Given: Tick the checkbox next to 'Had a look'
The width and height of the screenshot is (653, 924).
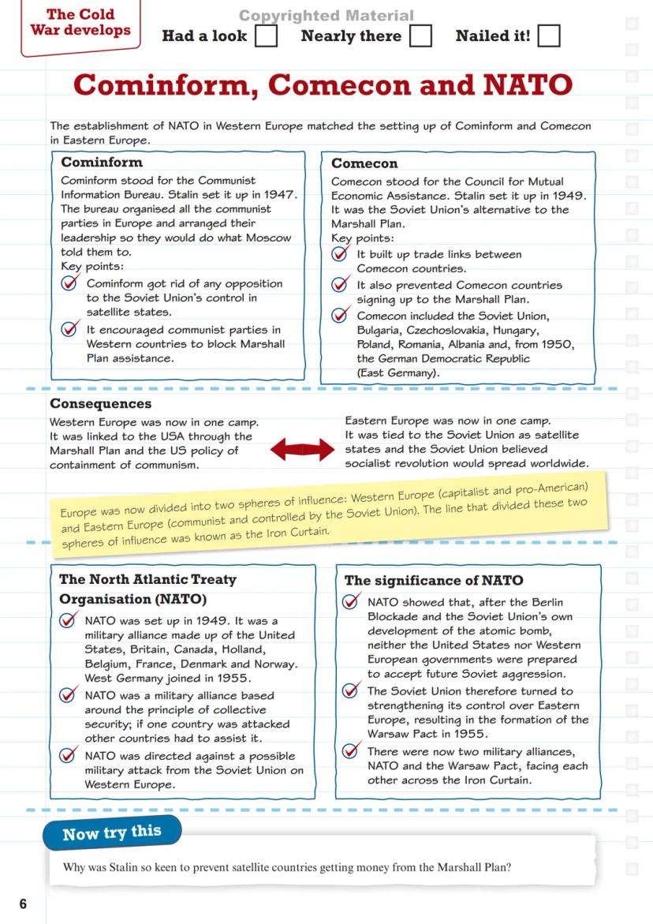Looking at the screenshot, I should point(266,36).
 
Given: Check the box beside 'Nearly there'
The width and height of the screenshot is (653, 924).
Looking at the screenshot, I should point(420,36).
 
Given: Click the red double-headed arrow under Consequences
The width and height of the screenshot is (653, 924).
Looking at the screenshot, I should point(303,451).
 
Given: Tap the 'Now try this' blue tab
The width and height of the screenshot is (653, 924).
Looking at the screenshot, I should point(112,832).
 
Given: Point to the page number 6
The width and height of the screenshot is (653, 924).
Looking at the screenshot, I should point(23,903).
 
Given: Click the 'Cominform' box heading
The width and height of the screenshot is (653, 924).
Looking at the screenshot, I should point(102,163).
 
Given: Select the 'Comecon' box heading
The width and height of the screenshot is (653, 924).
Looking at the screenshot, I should point(364,163).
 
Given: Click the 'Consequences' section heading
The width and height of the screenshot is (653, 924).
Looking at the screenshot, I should point(101,404).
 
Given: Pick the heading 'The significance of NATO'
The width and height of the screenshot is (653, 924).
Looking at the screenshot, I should point(433,580).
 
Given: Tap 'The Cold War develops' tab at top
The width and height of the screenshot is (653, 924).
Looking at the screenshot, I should point(80,23).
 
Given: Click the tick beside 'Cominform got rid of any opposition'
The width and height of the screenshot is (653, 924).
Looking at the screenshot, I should point(70,283).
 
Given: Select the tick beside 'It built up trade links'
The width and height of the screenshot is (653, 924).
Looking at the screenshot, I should point(341,254).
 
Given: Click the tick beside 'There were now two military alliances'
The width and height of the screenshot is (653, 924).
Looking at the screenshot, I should point(352,752).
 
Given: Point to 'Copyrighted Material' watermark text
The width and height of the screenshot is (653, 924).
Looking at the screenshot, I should point(326,16).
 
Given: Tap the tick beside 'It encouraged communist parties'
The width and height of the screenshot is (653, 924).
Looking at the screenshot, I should point(70,329).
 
